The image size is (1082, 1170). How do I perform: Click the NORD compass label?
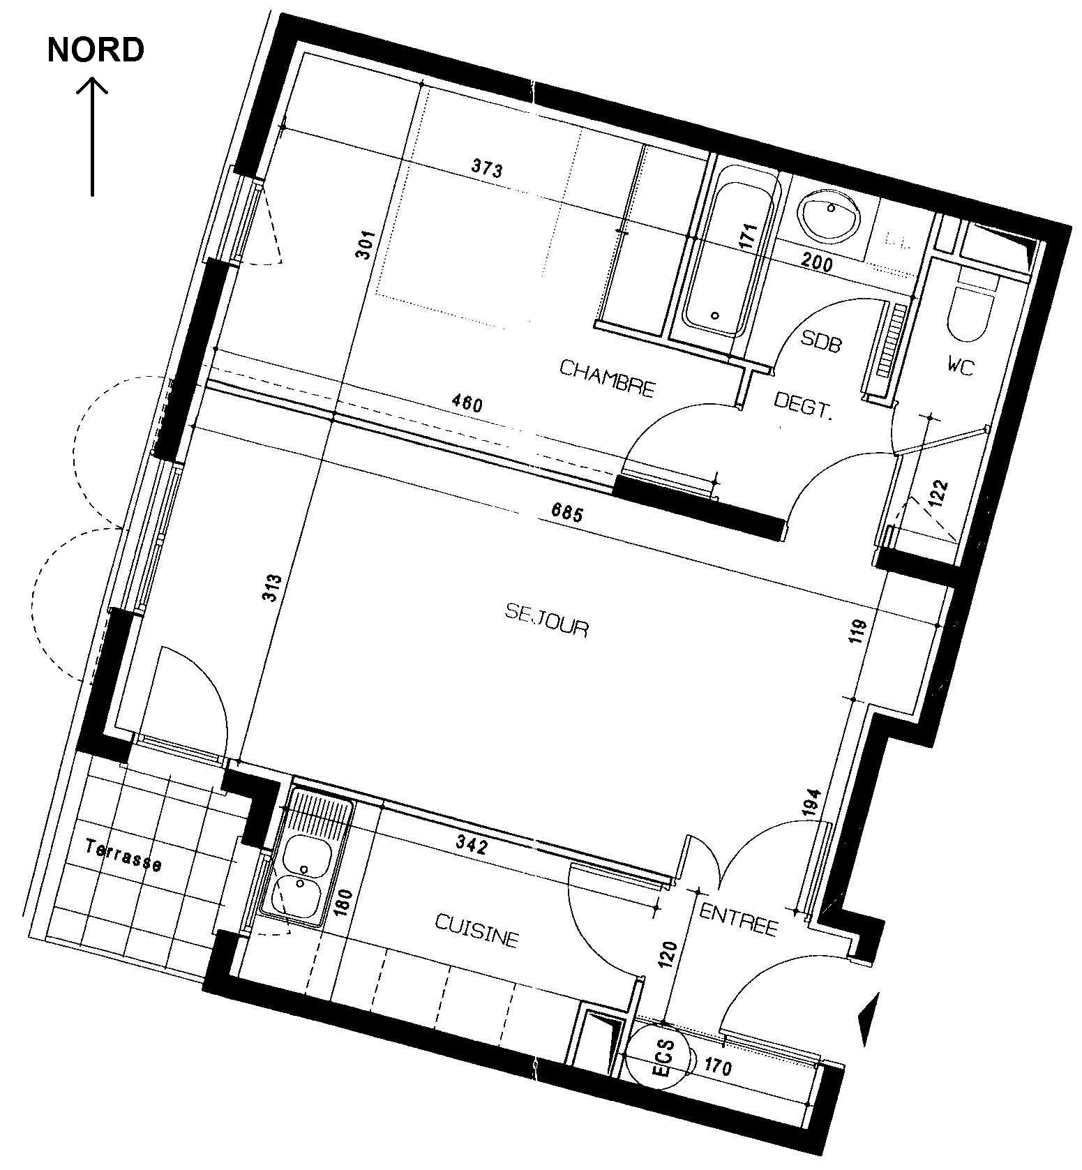click(96, 50)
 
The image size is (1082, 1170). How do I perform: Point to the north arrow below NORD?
click(92, 136)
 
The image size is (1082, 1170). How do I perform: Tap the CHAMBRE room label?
click(608, 378)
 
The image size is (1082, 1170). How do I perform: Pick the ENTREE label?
click(739, 920)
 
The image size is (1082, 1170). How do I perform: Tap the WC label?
click(960, 366)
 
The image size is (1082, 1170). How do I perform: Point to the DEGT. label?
click(804, 404)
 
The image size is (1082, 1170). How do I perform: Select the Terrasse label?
click(123, 855)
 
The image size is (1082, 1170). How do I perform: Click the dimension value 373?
click(487, 168)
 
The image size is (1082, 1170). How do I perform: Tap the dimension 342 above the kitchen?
click(471, 846)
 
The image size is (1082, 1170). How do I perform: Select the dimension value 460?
click(467, 403)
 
